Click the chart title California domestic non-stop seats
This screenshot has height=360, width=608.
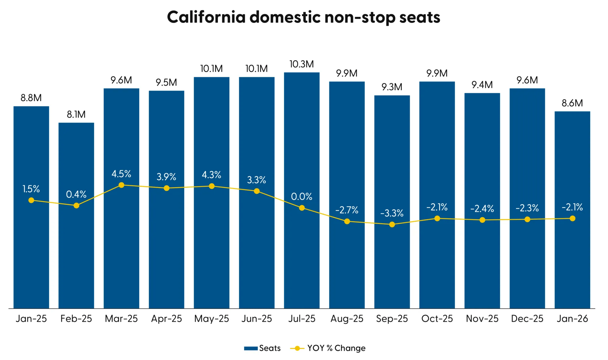(x=303, y=17)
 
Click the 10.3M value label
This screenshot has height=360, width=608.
(x=302, y=64)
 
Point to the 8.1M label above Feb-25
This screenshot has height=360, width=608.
(x=76, y=115)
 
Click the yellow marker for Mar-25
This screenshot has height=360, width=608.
(x=121, y=185)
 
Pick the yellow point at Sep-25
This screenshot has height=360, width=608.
(x=392, y=224)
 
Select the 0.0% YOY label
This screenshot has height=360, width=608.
(x=302, y=197)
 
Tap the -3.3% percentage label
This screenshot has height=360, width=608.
(x=392, y=213)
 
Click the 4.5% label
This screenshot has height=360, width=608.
(x=121, y=174)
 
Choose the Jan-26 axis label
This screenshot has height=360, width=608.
(x=572, y=319)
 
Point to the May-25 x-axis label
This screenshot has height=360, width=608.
(x=212, y=319)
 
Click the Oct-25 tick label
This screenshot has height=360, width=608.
(x=437, y=319)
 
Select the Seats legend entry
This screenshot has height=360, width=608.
(x=263, y=348)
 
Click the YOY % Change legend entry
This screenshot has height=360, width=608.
(x=328, y=348)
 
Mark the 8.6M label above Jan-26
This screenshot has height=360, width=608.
(x=572, y=103)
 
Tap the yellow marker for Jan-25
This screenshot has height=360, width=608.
(x=31, y=200)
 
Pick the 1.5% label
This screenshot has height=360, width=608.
(x=31, y=189)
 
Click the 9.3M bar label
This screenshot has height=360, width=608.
(x=392, y=87)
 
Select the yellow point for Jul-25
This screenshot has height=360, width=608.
(x=302, y=208)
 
